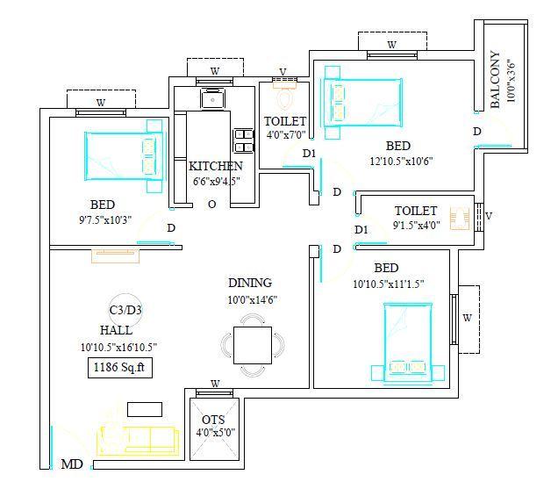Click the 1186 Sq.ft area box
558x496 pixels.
click(120, 369)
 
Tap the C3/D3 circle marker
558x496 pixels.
click(125, 310)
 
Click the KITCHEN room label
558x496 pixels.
click(216, 166)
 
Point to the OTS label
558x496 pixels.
click(213, 420)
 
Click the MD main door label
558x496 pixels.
click(72, 464)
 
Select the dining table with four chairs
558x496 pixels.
click(253, 344)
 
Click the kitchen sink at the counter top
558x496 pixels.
click(213, 98)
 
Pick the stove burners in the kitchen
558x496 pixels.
click(242, 141)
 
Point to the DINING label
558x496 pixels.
click(250, 283)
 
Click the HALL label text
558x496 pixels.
click(116, 331)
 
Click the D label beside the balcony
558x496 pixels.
click(477, 132)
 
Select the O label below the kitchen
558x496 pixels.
click(211, 204)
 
